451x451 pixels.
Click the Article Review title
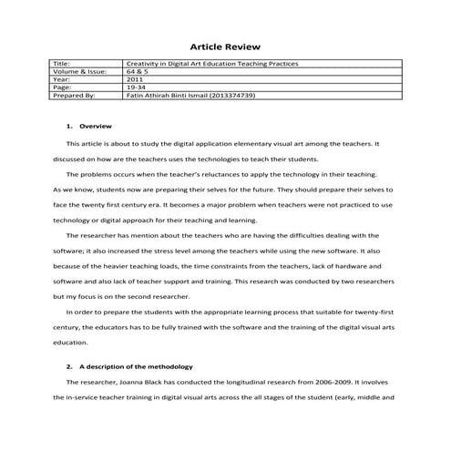(225, 46)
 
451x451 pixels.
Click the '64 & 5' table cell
(136, 70)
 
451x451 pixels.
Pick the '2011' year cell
(134, 78)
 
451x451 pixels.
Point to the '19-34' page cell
(135, 86)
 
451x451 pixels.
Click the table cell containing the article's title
(211, 63)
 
